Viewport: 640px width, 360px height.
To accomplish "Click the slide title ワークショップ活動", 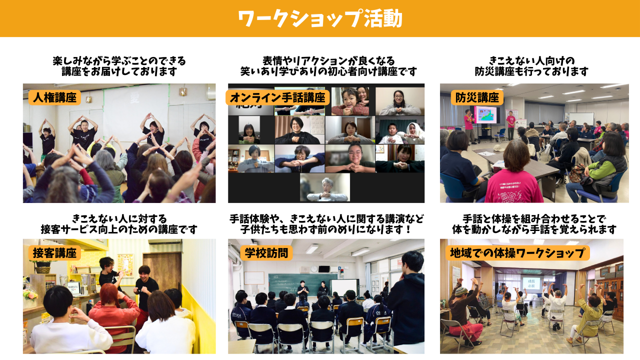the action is click(320, 18).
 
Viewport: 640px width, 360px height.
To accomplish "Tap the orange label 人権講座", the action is click(54, 97).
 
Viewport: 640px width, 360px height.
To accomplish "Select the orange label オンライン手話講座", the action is click(277, 97).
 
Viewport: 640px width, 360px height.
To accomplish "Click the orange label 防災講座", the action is click(477, 97).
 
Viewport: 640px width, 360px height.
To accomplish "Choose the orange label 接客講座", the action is click(54, 253).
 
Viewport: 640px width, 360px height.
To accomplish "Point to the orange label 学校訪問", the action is click(266, 253).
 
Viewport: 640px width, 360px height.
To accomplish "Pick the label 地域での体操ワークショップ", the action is click(517, 253).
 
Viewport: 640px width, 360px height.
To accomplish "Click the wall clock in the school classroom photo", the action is click(313, 269).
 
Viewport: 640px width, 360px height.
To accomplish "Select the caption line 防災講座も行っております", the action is click(531, 71).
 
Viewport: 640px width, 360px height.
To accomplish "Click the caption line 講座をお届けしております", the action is click(119, 71).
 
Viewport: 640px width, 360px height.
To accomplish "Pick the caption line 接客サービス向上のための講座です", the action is click(119, 229).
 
